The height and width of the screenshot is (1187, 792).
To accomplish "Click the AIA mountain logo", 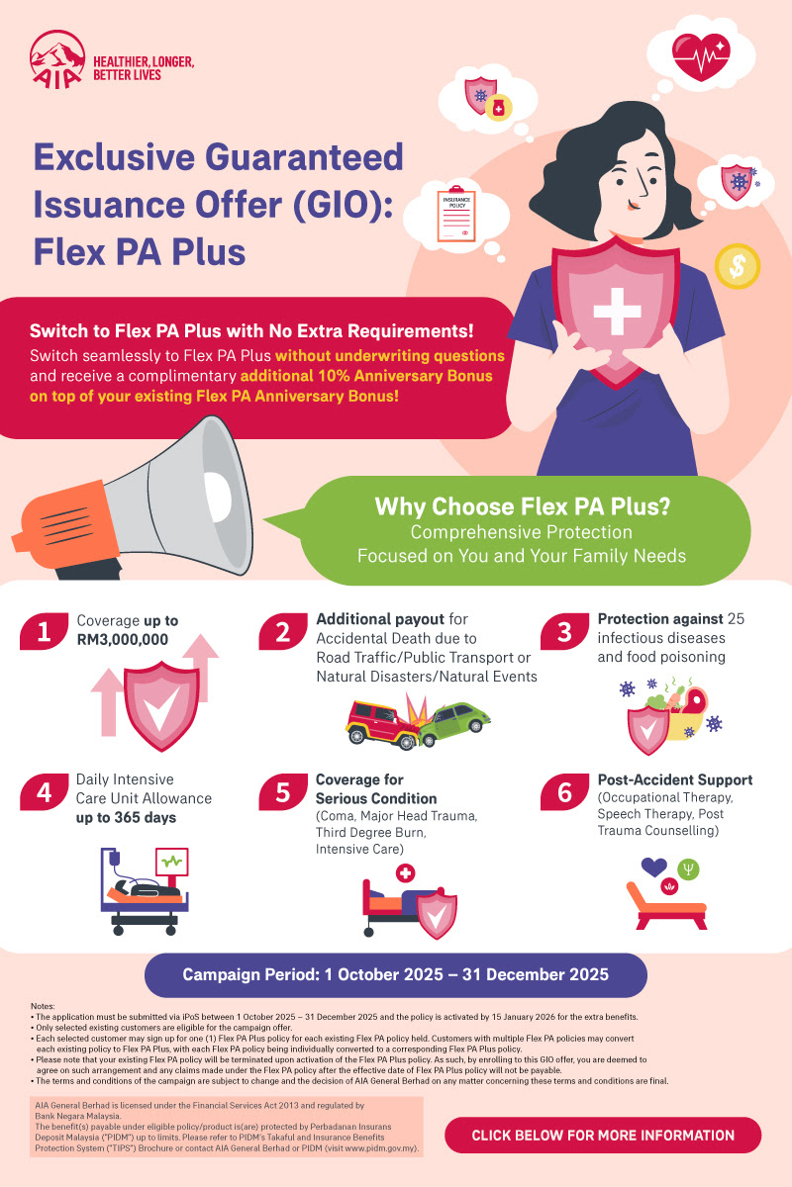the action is pos(57,59).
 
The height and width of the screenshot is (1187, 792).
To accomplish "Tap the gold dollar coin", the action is pos(737,266).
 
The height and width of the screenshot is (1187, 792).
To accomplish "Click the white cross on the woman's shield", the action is pos(617,312).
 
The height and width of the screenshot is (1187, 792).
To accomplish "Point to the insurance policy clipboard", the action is pos(456,214).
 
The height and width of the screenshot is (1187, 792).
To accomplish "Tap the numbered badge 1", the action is pos(44,631).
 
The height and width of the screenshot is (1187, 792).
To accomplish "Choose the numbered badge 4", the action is pos(44,792).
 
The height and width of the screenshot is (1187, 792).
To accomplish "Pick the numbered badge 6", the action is pos(564,792).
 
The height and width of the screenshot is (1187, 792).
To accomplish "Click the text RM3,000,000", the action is pos(123,640).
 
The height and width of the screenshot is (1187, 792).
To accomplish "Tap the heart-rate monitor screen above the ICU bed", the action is pos(172,862).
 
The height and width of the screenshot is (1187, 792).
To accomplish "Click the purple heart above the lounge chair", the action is pos(654,867).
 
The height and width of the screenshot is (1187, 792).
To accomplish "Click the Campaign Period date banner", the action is pos(396,974).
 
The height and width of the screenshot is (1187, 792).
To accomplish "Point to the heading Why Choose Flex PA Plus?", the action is pos(523,506).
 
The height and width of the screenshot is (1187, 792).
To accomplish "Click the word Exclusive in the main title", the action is pos(115,157).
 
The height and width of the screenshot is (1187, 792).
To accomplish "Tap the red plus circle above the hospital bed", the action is pos(405,872).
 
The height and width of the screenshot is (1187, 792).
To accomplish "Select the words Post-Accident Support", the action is pos(675,780).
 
